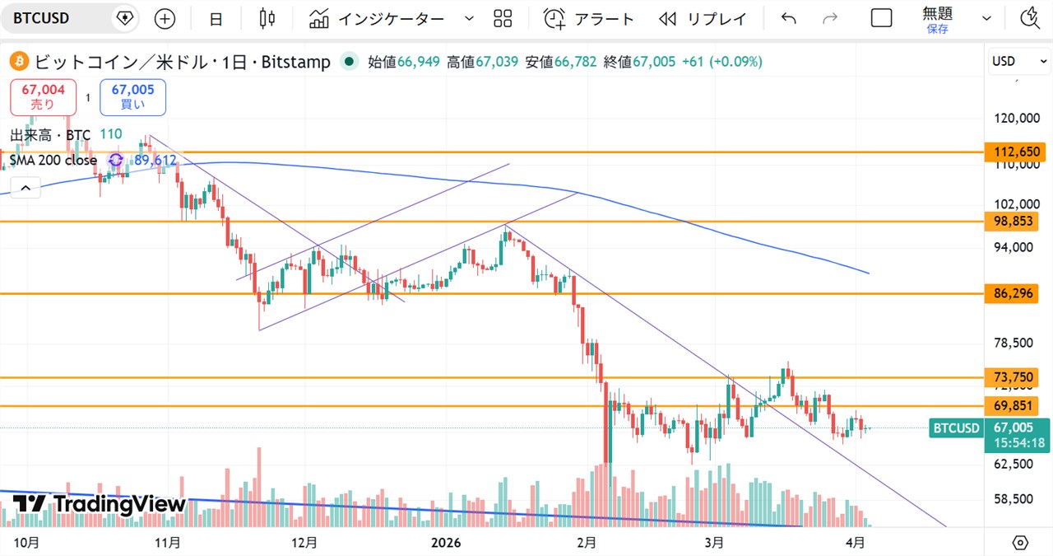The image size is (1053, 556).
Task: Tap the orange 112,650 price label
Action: tap(1017, 152)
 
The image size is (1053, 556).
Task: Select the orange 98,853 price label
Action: tap(1017, 222)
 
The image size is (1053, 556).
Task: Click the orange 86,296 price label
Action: tap(1017, 293)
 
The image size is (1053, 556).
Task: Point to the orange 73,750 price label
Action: tap(1017, 377)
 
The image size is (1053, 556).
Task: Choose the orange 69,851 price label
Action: tap(1017, 406)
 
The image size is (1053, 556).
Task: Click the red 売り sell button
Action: tap(43, 97)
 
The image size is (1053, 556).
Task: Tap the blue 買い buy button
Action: tap(132, 97)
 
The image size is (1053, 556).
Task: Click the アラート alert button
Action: tap(589, 18)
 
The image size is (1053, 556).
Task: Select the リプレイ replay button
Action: tap(703, 18)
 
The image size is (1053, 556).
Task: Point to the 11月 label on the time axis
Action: tap(168, 542)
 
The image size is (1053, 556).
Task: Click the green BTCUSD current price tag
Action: tap(955, 428)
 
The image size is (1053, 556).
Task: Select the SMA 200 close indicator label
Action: tap(53, 161)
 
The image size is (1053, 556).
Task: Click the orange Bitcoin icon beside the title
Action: tap(18, 62)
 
